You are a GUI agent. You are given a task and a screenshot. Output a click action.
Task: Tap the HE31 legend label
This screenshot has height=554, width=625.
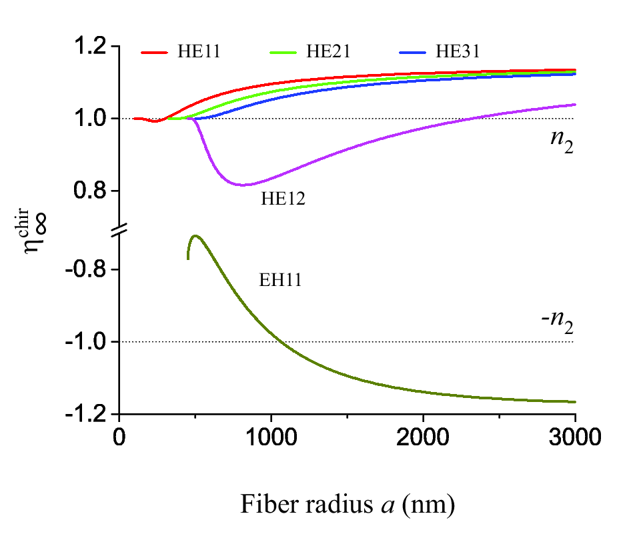click(458, 52)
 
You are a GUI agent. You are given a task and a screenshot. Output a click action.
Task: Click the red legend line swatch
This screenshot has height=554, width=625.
click(155, 52)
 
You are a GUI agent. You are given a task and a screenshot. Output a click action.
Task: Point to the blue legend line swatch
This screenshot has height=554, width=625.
click(414, 52)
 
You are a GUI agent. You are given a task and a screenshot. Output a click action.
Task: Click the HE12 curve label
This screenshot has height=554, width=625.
click(283, 199)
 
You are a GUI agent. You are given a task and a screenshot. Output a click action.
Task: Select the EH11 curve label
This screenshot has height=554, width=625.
click(280, 281)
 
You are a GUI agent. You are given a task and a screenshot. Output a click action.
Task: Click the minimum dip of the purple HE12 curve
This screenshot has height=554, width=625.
click(244, 185)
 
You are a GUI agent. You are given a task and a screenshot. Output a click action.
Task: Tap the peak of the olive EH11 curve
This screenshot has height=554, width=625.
click(195, 235)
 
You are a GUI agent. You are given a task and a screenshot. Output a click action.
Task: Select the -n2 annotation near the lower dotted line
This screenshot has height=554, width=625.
click(558, 325)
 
